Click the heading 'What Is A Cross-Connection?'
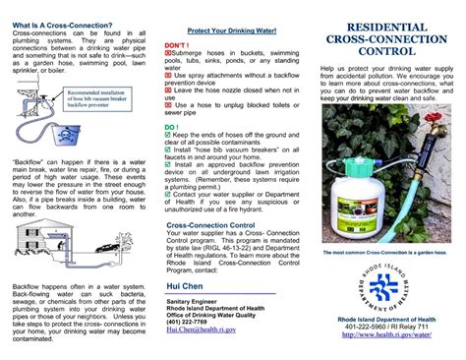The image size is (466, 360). tap(62, 23)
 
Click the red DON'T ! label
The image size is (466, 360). tap(177, 45)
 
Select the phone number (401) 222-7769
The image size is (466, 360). tap(187, 322)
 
